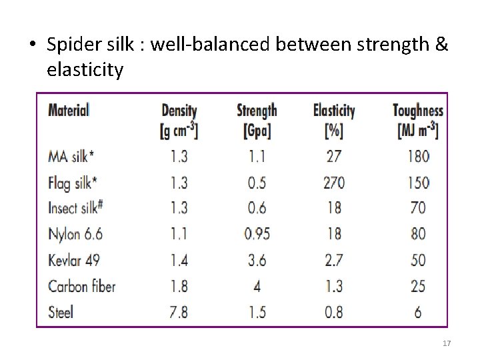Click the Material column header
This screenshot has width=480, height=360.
click(x=69, y=110)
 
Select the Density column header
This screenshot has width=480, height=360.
click(x=179, y=111)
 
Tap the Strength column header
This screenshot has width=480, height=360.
click(x=257, y=111)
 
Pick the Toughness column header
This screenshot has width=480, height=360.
click(x=418, y=111)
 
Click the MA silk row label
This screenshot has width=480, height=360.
click(x=71, y=156)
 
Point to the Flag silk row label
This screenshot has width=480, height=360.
click(x=73, y=183)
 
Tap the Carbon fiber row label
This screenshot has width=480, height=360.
click(x=81, y=286)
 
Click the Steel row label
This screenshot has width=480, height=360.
click(x=61, y=311)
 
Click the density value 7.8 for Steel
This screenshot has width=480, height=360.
click(x=179, y=312)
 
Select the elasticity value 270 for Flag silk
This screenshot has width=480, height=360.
click(x=334, y=183)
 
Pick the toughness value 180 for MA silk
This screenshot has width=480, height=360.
click(x=417, y=157)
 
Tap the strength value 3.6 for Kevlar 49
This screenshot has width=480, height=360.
click(x=257, y=260)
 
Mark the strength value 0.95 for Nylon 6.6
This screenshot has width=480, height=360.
click(x=257, y=234)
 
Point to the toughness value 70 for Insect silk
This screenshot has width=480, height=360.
click(x=417, y=208)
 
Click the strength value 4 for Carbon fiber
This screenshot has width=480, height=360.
click(x=257, y=286)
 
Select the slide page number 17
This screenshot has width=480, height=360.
click(x=447, y=343)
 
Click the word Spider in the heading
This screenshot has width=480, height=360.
click(x=72, y=46)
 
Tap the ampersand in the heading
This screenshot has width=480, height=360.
click(x=442, y=45)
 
